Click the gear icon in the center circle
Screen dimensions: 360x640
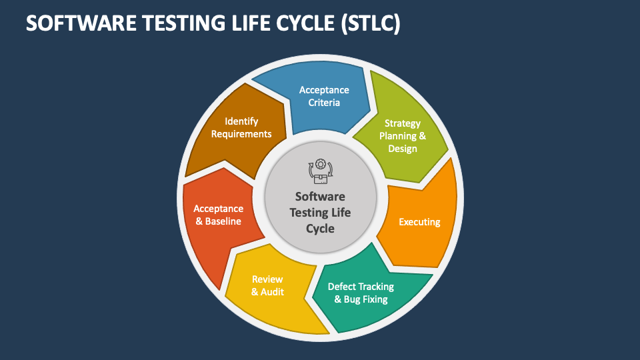click(x=321, y=165)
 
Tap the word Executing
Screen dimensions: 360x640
click(x=419, y=222)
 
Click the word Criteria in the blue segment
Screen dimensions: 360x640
click(x=324, y=103)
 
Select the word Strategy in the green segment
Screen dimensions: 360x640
click(x=403, y=123)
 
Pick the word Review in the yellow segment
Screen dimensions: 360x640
click(x=267, y=279)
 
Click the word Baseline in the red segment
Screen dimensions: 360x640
click(x=223, y=221)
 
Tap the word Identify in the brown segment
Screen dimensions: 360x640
click(x=241, y=121)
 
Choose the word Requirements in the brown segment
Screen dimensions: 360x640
click(x=241, y=134)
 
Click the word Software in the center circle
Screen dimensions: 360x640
click(x=320, y=197)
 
